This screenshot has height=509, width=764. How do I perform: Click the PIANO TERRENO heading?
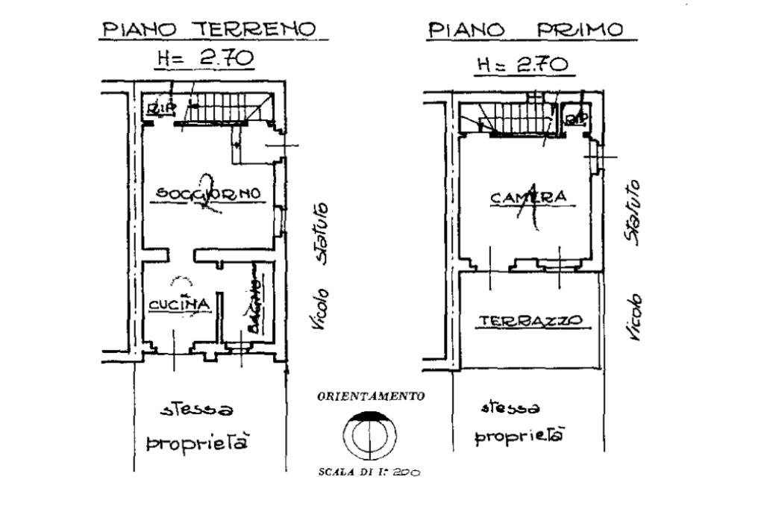[209, 30]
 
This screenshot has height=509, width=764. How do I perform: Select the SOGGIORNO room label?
[208, 193]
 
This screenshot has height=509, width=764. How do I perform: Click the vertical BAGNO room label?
[254, 307]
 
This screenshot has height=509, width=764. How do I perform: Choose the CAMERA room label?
[530, 198]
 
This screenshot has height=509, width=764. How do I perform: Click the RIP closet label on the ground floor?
[161, 109]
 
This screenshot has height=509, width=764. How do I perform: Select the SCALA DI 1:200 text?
[369, 472]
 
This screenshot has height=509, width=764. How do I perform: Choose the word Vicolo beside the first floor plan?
[635, 317]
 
